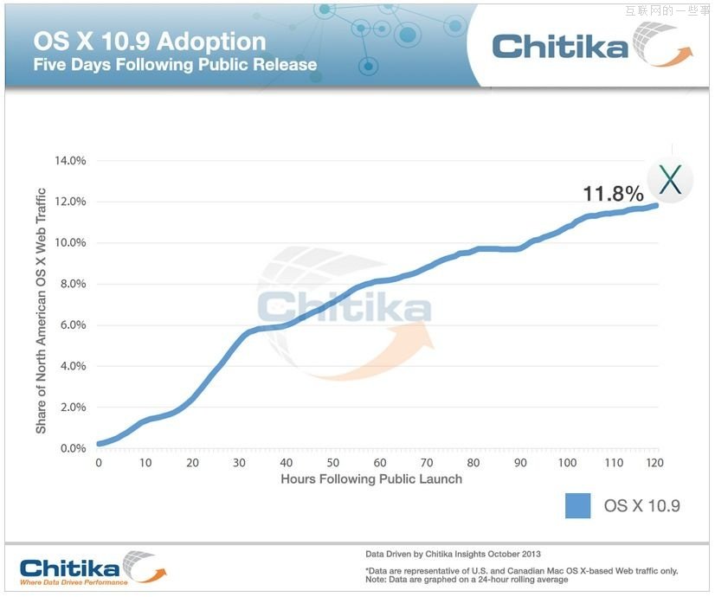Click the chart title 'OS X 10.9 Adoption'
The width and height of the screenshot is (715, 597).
pos(150,42)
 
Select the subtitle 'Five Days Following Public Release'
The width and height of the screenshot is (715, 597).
pos(175,65)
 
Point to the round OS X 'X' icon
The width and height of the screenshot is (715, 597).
pos(670,181)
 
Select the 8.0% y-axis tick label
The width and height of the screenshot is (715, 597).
pos(72,284)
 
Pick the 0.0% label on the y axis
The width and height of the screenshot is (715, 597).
pos(72,448)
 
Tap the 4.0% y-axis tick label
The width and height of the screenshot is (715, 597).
pos(72,366)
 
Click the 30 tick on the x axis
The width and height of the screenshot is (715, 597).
pos(239,463)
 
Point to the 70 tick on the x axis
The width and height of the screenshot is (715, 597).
pos(426,463)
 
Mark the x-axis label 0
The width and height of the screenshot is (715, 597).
pos(99,463)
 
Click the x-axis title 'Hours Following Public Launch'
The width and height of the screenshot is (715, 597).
pos(371,478)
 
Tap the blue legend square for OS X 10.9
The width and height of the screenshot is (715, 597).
pos(577,505)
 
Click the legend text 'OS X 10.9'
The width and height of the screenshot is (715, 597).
pos(641,506)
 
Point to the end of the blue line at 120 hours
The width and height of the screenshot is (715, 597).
pos(657,205)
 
